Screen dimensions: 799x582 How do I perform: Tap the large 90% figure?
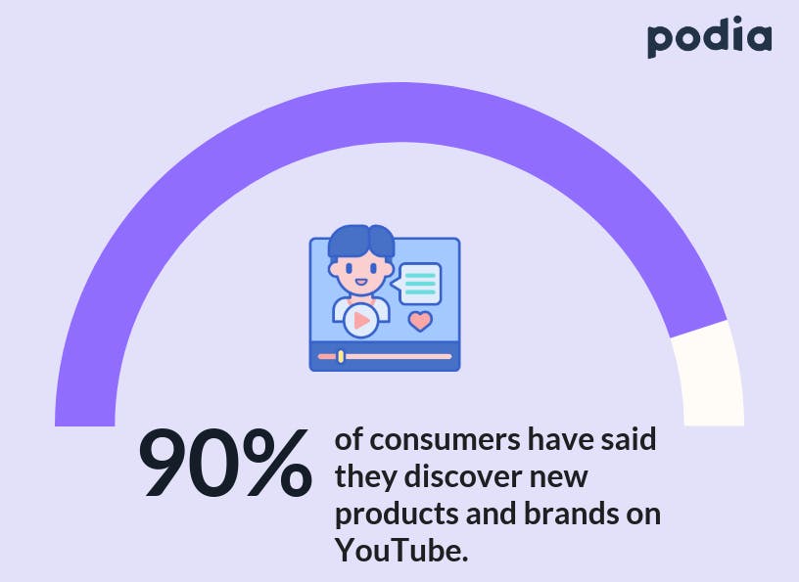pyautogui.click(x=225, y=463)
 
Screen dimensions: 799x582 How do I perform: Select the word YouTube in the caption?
pyautogui.click(x=401, y=551)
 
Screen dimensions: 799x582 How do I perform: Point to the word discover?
pyautogui.click(x=463, y=476)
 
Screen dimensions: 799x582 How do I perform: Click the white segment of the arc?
pyautogui.click(x=709, y=375)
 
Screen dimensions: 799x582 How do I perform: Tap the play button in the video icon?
pyautogui.click(x=360, y=320)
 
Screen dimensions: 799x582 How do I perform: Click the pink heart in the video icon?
pyautogui.click(x=420, y=321)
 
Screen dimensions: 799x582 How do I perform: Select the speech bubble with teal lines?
pyautogui.click(x=417, y=284)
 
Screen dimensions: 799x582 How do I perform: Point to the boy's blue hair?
pyautogui.click(x=361, y=242)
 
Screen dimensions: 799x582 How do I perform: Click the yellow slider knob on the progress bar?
pyautogui.click(x=341, y=356)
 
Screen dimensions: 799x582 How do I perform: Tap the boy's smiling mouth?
pyautogui.click(x=360, y=282)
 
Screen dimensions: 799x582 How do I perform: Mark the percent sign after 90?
pyautogui.click(x=277, y=463)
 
